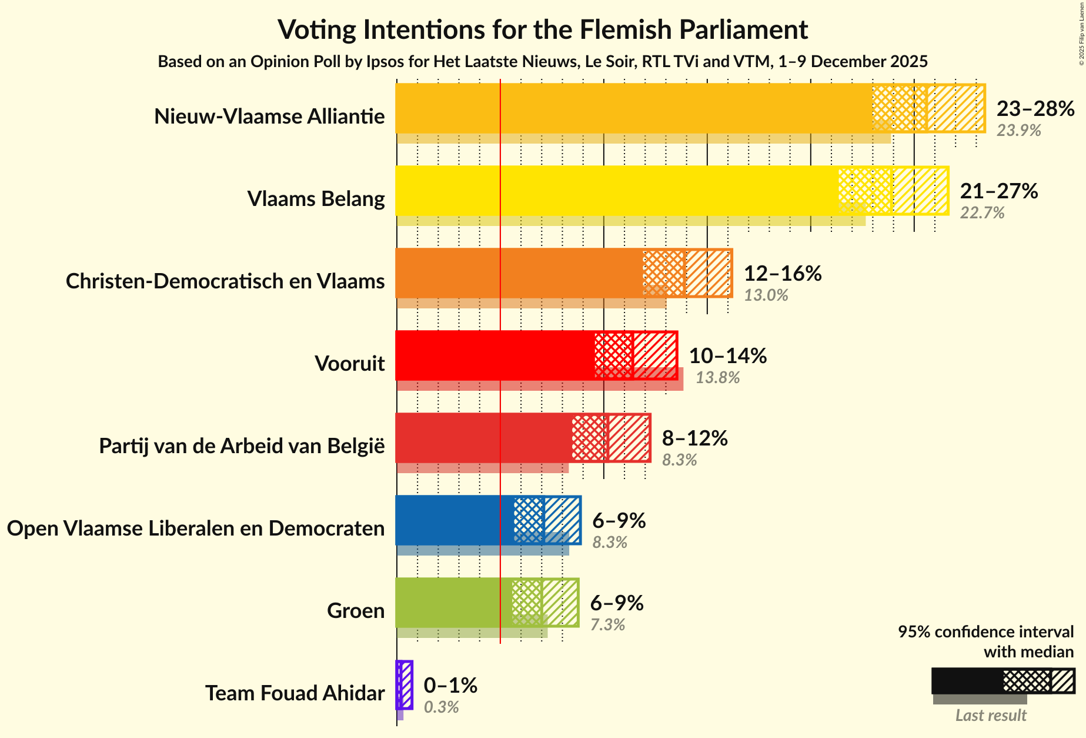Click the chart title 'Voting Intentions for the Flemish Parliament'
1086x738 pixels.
coord(542,29)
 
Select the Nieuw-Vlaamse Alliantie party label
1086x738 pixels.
coord(269,117)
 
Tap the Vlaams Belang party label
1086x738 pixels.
coord(316,199)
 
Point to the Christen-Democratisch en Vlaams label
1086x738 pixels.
coord(225,281)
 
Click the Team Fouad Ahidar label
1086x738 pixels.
coord(295,693)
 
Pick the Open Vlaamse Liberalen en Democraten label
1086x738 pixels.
coord(196,528)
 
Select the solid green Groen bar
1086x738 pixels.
coord(453,603)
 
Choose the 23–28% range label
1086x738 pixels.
coord(1035,109)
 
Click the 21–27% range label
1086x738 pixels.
coord(998,191)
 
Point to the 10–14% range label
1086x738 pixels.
coord(727,356)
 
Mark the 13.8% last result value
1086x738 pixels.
coord(717,377)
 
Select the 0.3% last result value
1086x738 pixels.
coord(441,707)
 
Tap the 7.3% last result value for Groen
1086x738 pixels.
coord(607,624)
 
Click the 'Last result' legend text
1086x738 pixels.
coord(991,716)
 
